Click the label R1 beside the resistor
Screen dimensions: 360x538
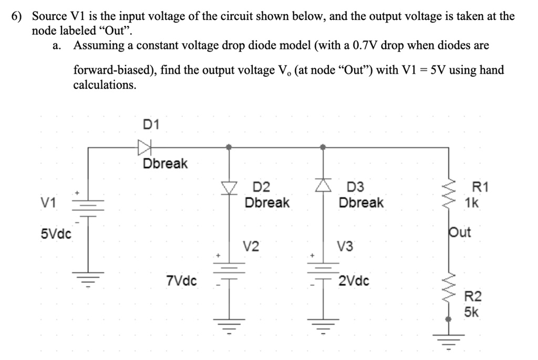point(480,187)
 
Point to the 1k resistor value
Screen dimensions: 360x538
point(472,203)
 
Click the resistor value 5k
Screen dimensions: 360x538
point(471,312)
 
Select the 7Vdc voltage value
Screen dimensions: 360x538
point(181,281)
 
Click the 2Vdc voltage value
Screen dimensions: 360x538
point(354,281)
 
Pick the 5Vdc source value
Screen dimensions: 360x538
point(56,233)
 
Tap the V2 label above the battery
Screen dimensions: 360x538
point(251,245)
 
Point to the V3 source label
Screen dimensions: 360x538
point(345,245)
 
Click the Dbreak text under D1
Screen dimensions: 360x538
point(165,164)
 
